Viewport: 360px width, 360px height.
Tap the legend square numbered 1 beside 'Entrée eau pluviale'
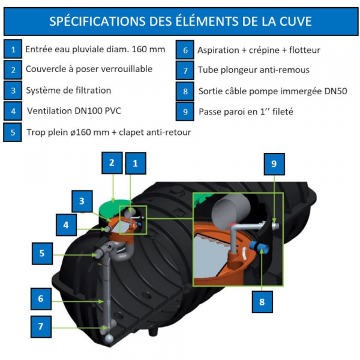click(13, 49)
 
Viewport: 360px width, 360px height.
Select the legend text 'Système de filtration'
click(68, 90)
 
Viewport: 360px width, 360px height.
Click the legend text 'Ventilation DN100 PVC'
click(74, 111)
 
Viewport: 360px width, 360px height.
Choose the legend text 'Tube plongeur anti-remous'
click(254, 70)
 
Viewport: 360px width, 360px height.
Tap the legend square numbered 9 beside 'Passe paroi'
click(185, 112)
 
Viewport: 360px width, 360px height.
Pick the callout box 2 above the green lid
click(112, 163)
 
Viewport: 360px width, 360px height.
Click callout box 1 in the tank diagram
click(136, 163)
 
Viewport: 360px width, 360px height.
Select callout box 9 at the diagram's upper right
click(274, 164)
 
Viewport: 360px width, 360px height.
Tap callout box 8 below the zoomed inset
click(262, 302)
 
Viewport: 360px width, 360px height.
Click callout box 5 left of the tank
click(42, 253)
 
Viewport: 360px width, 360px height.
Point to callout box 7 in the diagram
click(41, 326)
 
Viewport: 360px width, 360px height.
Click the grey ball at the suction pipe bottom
click(109, 340)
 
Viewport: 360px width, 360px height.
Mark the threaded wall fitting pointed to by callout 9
click(275, 226)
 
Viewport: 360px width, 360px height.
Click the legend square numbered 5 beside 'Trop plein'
click(13, 132)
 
